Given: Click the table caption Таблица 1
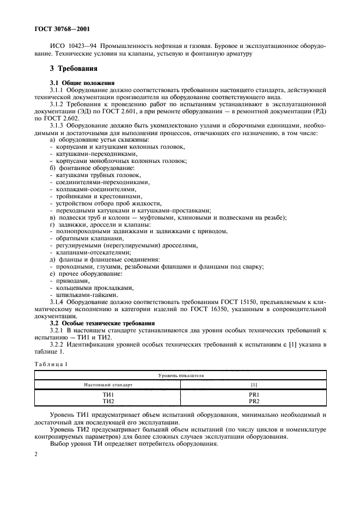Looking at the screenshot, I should click(50, 364).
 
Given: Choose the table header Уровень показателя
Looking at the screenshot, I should click(180, 375).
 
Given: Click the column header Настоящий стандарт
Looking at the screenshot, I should click(108, 385).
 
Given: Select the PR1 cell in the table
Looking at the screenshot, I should click(253, 394).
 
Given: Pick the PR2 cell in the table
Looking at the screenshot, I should click(253, 401).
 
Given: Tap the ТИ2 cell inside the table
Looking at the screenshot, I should click(108, 401).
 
